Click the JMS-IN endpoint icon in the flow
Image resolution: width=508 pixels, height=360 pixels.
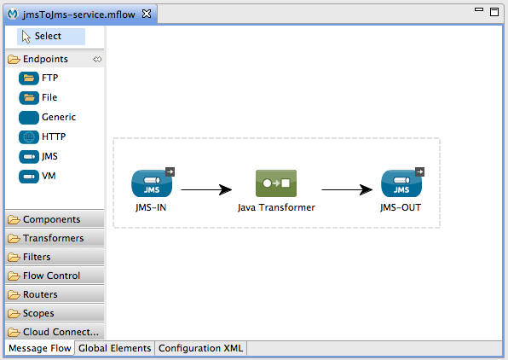[152, 183]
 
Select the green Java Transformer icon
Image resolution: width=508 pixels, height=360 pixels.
[276, 183]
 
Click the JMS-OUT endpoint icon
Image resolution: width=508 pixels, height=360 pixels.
[401, 183]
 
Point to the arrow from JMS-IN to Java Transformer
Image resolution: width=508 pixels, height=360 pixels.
[206, 189]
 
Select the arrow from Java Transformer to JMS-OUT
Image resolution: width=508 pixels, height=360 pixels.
[347, 189]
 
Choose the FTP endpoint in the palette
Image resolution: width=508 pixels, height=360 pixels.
[38, 78]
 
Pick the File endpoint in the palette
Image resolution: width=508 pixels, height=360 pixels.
[38, 97]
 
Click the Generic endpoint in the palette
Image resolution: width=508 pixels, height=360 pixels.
[47, 118]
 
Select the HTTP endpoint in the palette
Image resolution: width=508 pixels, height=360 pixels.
[42, 136]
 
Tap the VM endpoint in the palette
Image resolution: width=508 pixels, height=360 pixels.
[38, 176]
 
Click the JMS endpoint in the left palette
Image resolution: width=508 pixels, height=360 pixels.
[38, 157]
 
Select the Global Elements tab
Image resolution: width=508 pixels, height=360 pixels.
[115, 348]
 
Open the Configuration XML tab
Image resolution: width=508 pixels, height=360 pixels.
[200, 348]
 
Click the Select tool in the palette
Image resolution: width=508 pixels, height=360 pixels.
[51, 37]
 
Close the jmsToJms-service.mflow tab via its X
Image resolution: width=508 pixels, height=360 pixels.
[147, 14]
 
